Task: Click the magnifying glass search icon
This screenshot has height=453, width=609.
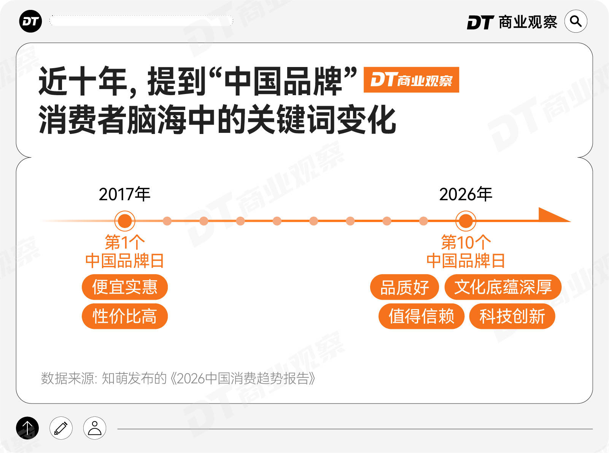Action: [576, 21]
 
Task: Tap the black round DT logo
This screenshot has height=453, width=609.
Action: [30, 21]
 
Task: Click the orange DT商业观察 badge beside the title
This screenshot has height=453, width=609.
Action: [411, 80]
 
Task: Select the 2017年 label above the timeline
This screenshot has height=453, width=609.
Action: [124, 194]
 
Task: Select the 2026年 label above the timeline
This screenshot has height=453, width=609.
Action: [466, 194]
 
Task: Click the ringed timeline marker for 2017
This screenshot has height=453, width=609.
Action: [125, 221]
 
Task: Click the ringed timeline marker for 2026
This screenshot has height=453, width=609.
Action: [466, 221]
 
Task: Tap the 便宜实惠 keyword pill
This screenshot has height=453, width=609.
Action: [125, 287]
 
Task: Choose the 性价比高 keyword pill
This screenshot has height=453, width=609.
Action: [125, 316]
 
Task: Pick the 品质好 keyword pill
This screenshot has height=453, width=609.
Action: [404, 287]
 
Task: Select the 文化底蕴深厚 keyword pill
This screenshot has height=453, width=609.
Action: [503, 287]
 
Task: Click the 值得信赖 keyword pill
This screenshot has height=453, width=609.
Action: [421, 316]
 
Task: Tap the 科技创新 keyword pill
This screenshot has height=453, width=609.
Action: [512, 316]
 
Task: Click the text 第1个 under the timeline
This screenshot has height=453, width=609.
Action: [125, 242]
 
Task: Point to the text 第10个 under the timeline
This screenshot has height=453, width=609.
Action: [466, 242]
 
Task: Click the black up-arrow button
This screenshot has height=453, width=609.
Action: [27, 428]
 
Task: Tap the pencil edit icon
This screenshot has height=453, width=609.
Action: [61, 428]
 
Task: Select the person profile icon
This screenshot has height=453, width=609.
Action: [95, 428]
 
